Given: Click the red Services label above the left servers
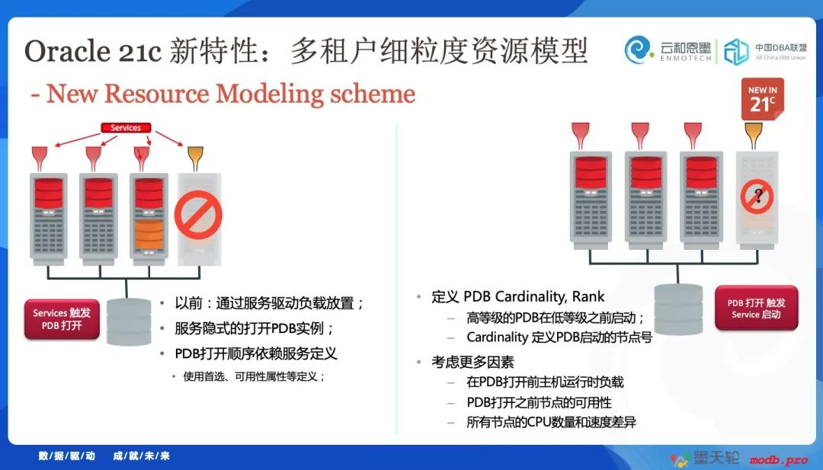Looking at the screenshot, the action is [x=126, y=127].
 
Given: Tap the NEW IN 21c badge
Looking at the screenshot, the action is [x=763, y=99].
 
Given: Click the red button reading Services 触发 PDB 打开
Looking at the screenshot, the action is [x=62, y=319].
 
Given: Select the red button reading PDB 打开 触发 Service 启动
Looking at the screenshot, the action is [x=757, y=308].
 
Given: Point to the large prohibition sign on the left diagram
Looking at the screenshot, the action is [x=198, y=215].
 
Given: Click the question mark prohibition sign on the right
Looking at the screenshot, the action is [x=757, y=197].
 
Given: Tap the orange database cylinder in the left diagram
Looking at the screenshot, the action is [x=149, y=235].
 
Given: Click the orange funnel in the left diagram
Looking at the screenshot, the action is [x=195, y=158].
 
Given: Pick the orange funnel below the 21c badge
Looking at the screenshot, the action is [x=753, y=136].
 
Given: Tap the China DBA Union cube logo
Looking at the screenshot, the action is [x=736, y=51].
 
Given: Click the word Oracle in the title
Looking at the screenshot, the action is [x=66, y=51].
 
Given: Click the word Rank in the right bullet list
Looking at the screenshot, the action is [x=588, y=296].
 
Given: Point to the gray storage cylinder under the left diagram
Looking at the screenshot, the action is [x=129, y=322].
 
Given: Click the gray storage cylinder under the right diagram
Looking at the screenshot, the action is [x=678, y=309].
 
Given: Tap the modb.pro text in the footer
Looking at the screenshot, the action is [x=778, y=461].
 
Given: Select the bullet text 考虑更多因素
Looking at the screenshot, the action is [x=473, y=362].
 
